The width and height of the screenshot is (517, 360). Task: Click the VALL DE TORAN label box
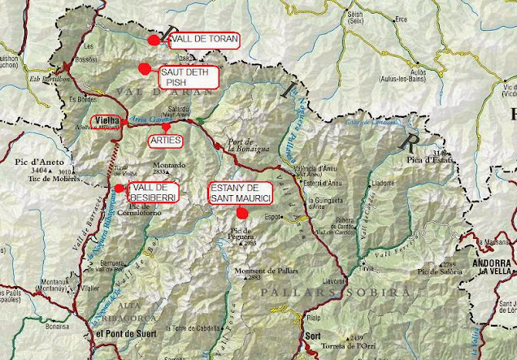click(204, 40)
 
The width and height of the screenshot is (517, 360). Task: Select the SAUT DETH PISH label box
click(188, 76)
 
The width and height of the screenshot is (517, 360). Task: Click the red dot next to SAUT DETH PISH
click(145, 69)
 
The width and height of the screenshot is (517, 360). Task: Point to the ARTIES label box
click(166, 141)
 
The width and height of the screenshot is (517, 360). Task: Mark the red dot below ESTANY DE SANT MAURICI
click(241, 212)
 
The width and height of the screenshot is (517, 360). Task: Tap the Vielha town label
click(107, 121)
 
